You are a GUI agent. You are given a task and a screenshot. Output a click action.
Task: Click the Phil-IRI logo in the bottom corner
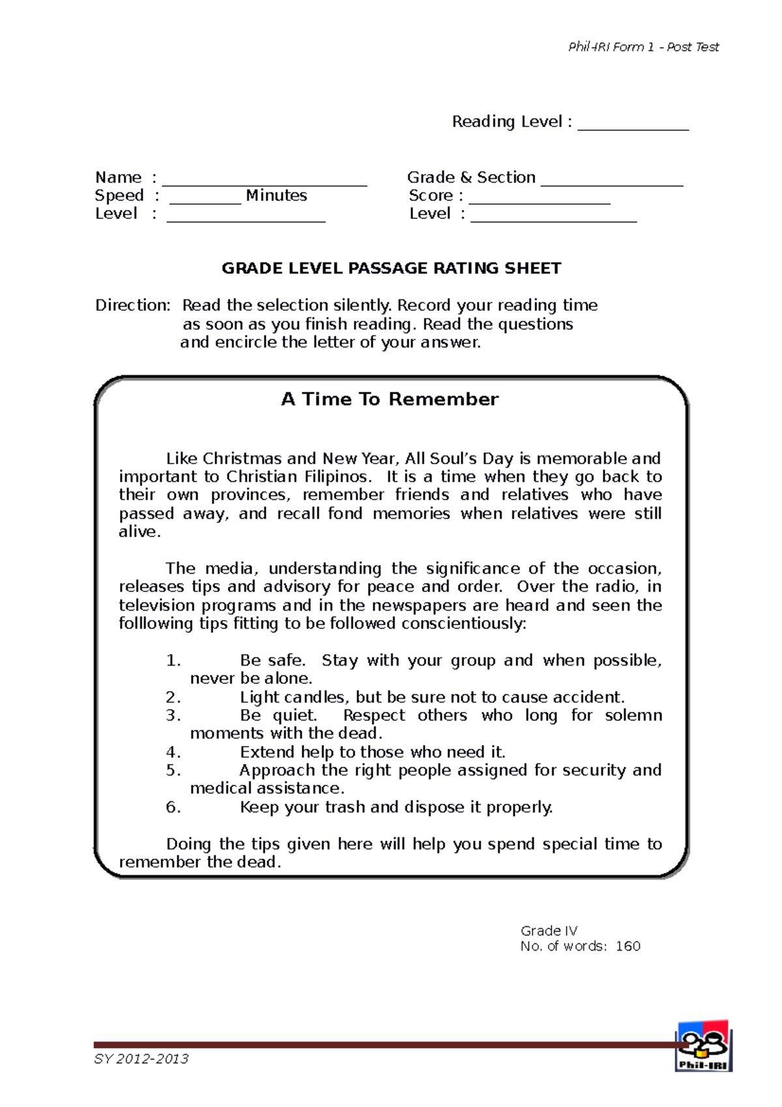703,1046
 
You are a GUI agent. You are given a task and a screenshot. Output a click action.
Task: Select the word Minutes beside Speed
276,196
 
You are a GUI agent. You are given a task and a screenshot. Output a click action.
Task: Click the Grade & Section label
471,177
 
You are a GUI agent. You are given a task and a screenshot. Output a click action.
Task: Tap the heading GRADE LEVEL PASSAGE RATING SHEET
391,269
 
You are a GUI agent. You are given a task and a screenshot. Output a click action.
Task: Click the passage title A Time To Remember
390,399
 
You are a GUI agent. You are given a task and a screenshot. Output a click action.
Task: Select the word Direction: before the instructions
133,305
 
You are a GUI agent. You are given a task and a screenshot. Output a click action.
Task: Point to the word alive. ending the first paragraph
139,532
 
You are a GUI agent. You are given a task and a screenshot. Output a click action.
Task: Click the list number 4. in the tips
173,752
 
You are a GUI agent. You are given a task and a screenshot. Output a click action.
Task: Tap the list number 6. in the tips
173,807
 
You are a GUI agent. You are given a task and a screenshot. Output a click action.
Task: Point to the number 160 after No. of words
628,946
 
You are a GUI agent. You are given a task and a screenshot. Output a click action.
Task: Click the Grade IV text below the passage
549,930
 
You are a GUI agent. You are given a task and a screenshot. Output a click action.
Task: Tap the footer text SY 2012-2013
141,1059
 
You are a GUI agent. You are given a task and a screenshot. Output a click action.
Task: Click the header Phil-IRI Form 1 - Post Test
643,47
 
